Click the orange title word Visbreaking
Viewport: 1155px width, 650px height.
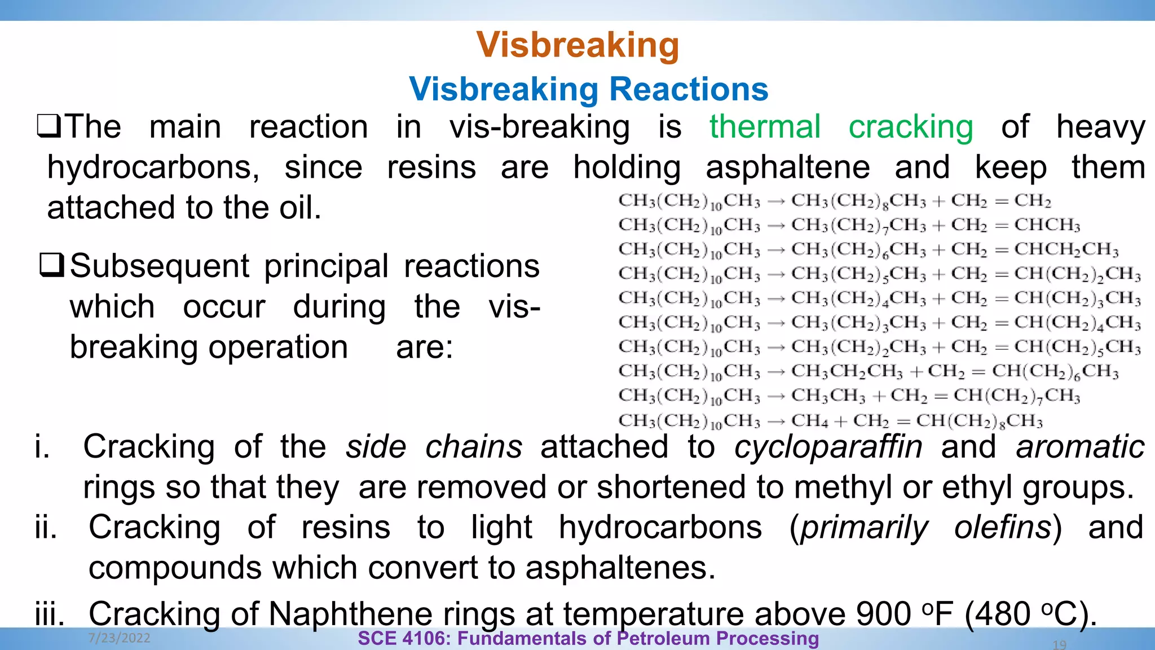tap(577, 45)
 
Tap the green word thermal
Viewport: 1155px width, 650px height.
tap(765, 126)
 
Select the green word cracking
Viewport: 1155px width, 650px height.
tap(911, 128)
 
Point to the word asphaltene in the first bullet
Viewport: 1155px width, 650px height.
tap(788, 168)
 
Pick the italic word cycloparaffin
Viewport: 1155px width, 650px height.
tap(828, 447)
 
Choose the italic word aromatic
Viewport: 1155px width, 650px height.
tap(1080, 447)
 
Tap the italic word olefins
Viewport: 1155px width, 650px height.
tap(1002, 528)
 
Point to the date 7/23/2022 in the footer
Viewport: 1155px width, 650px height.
tap(119, 638)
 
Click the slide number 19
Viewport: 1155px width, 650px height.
tap(1059, 644)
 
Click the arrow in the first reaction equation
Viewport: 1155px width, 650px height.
tap(776, 201)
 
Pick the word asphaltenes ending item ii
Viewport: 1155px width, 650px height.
tap(620, 568)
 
